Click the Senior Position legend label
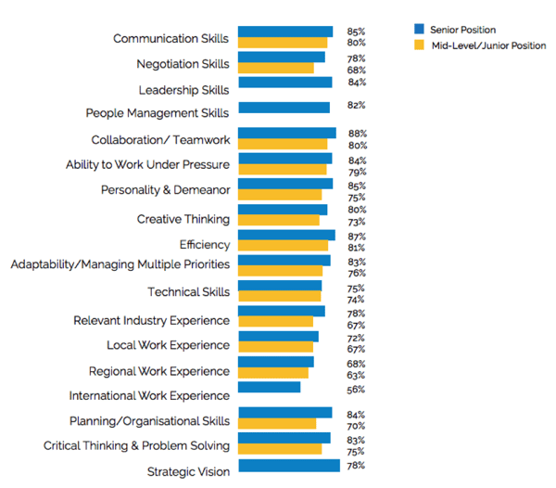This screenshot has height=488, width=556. click(x=462, y=31)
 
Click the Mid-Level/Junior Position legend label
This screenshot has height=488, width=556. click(x=487, y=45)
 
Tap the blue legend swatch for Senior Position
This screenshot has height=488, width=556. click(x=419, y=31)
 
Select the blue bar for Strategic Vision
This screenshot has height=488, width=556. click(x=289, y=465)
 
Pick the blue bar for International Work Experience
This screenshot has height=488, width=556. click(x=269, y=386)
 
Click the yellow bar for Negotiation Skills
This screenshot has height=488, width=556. click(x=276, y=68)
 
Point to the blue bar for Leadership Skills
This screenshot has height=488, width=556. click(x=284, y=83)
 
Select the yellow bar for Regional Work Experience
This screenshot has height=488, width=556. click(x=273, y=372)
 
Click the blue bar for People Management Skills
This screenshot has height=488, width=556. click(x=284, y=108)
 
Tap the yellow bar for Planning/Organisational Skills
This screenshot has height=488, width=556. click(x=277, y=424)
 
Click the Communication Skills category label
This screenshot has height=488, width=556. click(x=171, y=39)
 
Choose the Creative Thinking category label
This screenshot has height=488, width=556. click(x=183, y=219)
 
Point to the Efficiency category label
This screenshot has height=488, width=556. click(x=204, y=245)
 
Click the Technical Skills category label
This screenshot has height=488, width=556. click(x=188, y=292)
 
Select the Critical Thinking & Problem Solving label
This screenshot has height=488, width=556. click(x=136, y=446)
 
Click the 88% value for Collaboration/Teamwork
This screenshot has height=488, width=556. click(x=357, y=134)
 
